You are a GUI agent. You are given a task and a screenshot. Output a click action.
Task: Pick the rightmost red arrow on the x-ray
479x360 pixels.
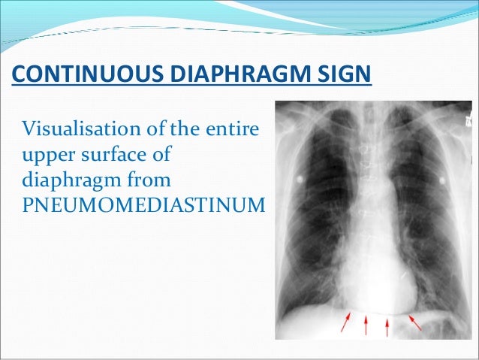click(x=414, y=323)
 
